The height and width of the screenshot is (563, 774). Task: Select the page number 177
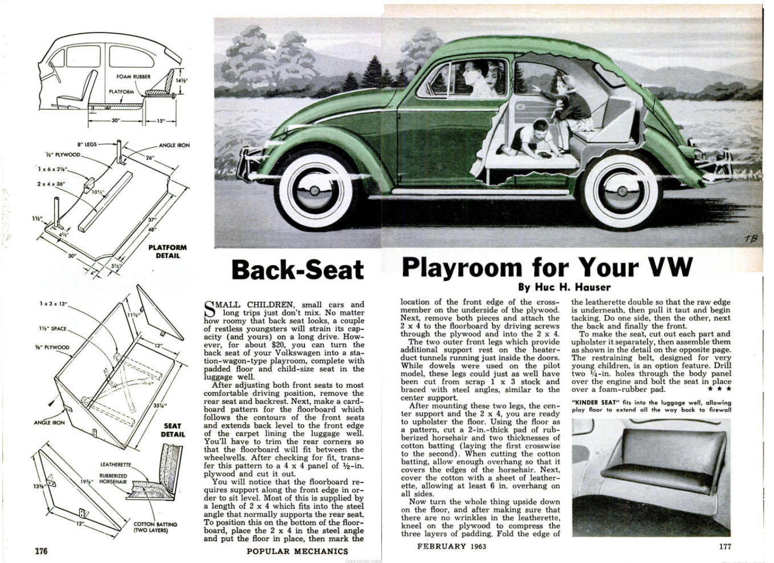(724, 546)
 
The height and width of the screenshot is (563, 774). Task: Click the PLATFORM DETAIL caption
(168, 251)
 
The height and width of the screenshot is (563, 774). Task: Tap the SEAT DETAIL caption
(172, 430)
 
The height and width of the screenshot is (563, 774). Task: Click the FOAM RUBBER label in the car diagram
(133, 76)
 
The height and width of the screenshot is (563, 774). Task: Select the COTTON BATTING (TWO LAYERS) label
(155, 527)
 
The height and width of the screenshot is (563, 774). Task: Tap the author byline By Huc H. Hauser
(564, 287)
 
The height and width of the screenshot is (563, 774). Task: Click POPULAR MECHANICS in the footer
(297, 551)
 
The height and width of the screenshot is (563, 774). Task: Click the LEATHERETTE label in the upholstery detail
(116, 464)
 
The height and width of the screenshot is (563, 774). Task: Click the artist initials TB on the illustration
(751, 238)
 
